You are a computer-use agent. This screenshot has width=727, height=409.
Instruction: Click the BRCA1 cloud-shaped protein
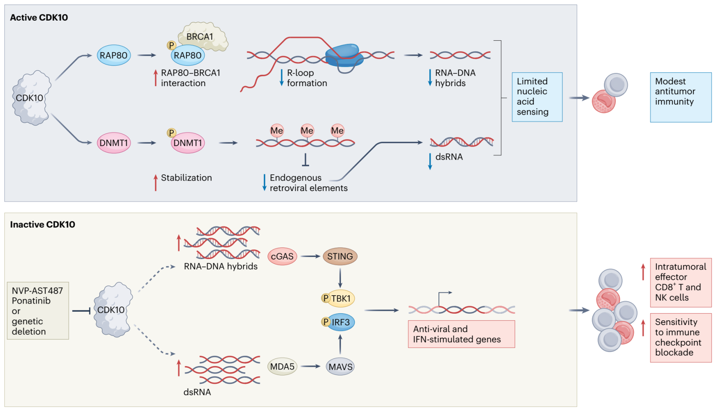[x=203, y=36]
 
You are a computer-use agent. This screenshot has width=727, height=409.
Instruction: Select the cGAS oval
[x=282, y=257]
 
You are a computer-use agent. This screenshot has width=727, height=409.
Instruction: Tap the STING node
[x=340, y=257]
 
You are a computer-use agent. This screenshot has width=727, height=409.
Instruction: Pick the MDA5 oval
[x=282, y=367]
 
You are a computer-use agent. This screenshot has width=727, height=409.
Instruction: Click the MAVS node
[x=340, y=367]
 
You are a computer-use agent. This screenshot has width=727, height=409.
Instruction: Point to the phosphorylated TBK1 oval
[x=340, y=299]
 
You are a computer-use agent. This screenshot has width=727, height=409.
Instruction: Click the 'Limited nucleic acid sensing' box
[x=537, y=97]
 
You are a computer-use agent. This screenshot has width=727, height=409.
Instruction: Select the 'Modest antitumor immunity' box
[x=680, y=97]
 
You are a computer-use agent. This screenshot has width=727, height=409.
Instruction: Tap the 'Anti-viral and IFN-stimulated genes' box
[x=461, y=334]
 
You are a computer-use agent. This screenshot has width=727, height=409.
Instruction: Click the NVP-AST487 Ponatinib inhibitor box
[x=38, y=311]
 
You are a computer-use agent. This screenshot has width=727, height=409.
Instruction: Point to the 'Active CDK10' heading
[x=39, y=18]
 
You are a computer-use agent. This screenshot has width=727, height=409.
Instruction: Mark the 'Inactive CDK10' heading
[x=42, y=225]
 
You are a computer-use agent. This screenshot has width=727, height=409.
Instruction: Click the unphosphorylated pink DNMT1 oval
[x=114, y=143]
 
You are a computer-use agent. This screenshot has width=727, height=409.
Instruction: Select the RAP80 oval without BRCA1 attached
[x=114, y=55]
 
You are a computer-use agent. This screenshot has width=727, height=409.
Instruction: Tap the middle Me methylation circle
[x=307, y=131]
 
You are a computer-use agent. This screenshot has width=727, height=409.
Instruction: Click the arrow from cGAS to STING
[x=310, y=257]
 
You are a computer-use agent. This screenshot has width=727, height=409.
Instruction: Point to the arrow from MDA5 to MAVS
[x=311, y=367]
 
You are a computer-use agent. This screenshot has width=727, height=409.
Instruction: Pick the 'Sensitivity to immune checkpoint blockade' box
[x=680, y=338]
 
